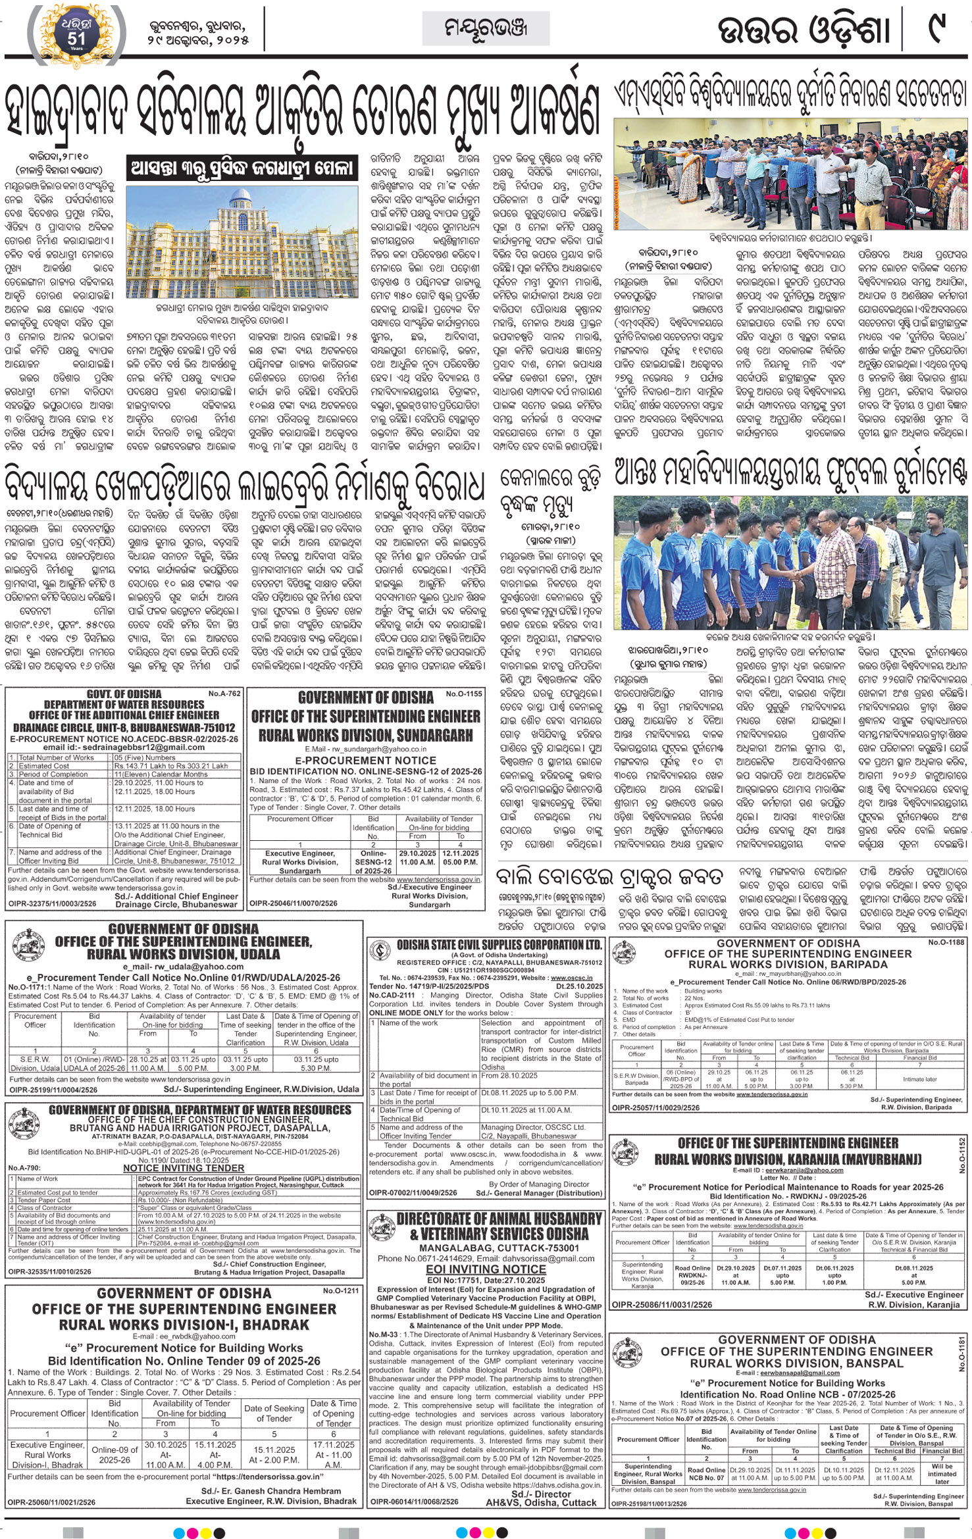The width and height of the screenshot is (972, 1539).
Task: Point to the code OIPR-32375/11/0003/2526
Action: point(51,904)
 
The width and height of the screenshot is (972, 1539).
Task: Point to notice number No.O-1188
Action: point(946,943)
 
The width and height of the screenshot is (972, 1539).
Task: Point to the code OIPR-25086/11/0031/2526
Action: point(661,1304)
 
